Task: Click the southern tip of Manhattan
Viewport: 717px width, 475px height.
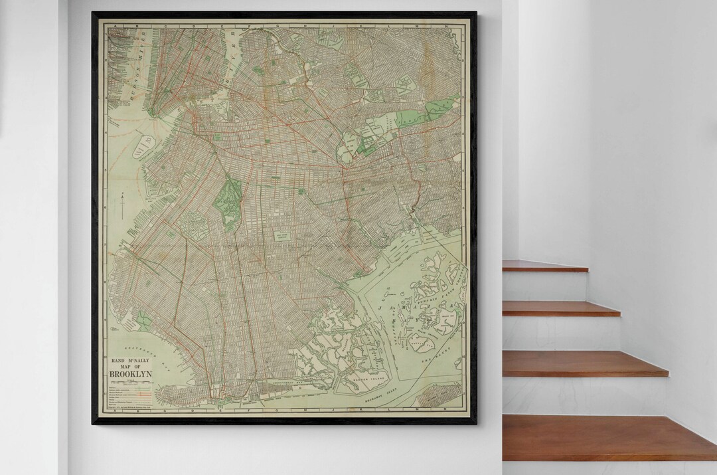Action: [x=154, y=116]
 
